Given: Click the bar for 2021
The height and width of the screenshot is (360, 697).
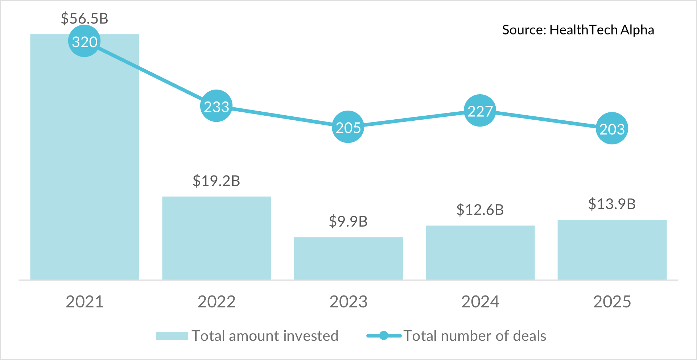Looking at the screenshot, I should (x=84, y=163).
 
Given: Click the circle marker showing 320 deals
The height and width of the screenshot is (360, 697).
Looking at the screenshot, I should (x=84, y=41).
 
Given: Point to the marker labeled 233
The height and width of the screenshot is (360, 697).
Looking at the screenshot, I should (x=216, y=106).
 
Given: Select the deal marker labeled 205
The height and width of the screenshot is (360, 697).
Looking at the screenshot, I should (x=348, y=127).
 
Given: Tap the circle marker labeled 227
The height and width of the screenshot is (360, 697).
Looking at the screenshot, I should (x=480, y=111).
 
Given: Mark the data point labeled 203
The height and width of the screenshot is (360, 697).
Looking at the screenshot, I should (x=612, y=128).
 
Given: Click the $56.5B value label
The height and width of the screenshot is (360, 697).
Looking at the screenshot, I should (x=84, y=18).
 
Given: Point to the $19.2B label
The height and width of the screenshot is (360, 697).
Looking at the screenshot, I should (x=216, y=181).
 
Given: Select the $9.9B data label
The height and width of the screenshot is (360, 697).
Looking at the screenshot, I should (x=348, y=222).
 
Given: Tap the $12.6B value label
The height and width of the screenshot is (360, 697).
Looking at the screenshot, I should (x=480, y=210).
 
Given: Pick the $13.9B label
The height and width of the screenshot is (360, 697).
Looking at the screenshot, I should (x=612, y=204).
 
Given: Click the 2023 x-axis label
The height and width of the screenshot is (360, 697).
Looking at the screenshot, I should (x=348, y=302).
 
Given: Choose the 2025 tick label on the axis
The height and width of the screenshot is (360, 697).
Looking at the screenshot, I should (x=612, y=302).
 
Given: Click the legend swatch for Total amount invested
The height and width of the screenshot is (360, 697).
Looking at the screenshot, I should (x=172, y=336).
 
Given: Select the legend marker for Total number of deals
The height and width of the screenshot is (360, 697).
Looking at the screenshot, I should (x=384, y=336).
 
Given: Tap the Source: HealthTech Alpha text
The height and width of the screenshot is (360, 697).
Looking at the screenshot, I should (x=578, y=30).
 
